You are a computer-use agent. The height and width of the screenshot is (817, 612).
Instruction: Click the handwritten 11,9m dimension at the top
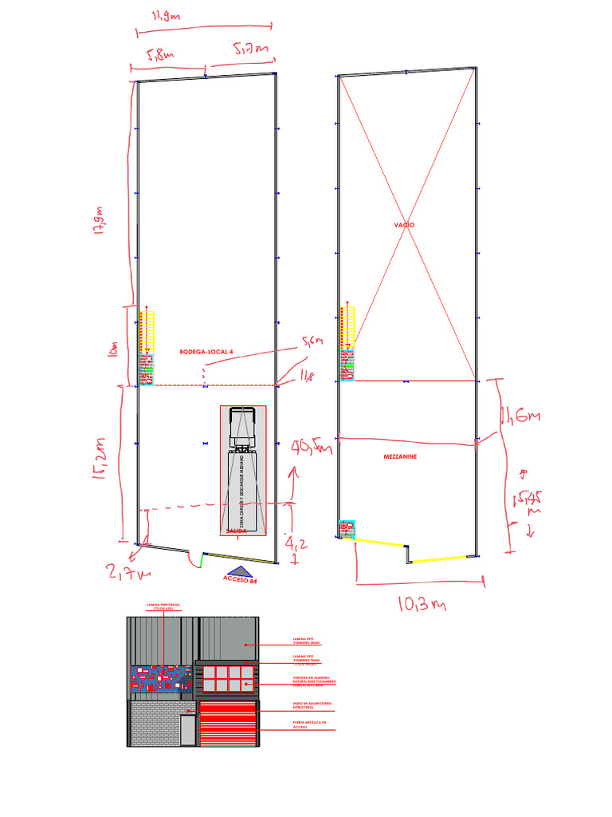(x=164, y=16)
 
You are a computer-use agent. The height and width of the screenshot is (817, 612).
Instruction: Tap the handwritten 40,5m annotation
(x=311, y=448)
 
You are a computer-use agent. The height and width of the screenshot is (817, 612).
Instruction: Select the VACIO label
(x=404, y=226)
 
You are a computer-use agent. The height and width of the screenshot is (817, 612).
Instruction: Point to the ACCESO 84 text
(x=243, y=582)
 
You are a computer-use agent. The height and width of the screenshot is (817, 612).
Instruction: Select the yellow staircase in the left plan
(x=147, y=331)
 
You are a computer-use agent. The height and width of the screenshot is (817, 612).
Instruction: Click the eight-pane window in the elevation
(x=228, y=678)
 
